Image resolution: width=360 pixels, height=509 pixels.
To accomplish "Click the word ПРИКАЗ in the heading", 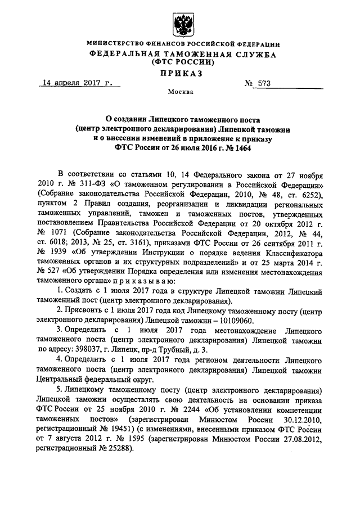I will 180,73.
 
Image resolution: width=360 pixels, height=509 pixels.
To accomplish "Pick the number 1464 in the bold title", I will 237,149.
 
